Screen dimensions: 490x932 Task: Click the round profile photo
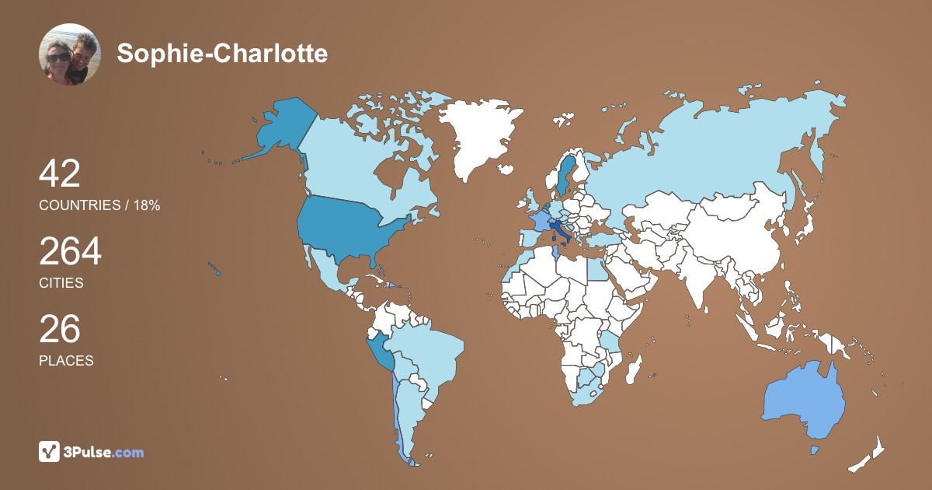coord(70,54)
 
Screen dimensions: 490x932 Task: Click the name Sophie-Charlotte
coord(222,54)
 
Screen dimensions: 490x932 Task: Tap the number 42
coord(60,173)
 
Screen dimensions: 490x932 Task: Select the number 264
coord(71,252)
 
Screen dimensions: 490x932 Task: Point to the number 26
coord(60,329)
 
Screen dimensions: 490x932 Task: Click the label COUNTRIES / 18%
coord(99,205)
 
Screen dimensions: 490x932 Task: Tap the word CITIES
coord(61,283)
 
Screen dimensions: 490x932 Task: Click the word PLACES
coord(66,361)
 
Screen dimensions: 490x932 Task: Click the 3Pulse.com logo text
coord(103,452)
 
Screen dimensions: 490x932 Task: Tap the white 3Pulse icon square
coord(50,451)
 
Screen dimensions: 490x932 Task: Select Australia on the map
coord(804,401)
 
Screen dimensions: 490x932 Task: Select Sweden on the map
coord(565,175)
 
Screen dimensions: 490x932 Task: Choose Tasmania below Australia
coord(815,450)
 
